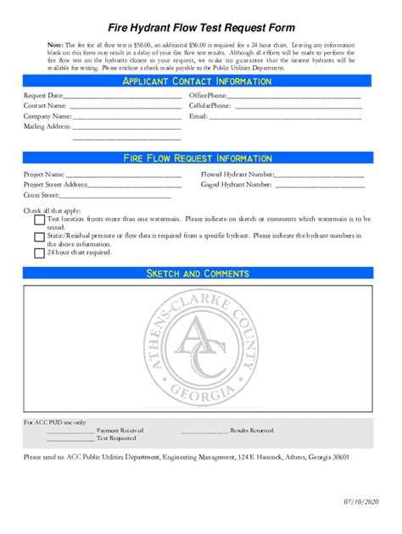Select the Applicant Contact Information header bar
click(197, 81)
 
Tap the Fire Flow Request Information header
click(197, 159)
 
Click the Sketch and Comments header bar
click(197, 273)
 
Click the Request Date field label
click(43, 96)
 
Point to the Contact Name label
click(45, 106)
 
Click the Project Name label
click(44, 174)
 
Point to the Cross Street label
click(41, 194)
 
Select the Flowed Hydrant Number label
click(237, 174)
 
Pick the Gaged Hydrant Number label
click(237, 184)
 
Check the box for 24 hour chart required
click(40, 253)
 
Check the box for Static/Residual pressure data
click(40, 236)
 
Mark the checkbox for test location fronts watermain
click(40, 220)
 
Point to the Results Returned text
click(252, 431)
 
